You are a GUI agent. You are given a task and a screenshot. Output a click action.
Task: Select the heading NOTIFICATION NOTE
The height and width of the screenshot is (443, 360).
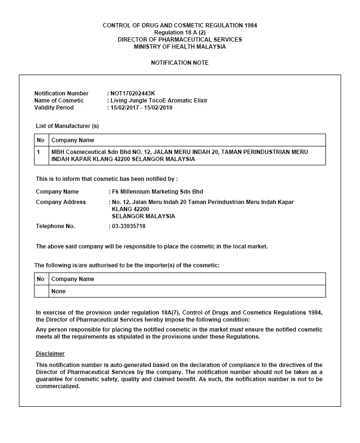pyautogui.click(x=180, y=63)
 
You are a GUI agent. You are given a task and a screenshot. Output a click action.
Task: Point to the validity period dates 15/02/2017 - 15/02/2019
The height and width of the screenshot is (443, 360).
pyautogui.click(x=141, y=108)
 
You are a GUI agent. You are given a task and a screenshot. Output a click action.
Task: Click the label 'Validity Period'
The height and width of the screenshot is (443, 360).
pyautogui.click(x=54, y=108)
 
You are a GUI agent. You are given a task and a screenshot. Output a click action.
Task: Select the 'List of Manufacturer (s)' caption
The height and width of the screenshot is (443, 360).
pyautogui.click(x=67, y=126)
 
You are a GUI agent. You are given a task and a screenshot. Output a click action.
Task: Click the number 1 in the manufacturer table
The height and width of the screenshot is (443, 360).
pyautogui.click(x=39, y=152)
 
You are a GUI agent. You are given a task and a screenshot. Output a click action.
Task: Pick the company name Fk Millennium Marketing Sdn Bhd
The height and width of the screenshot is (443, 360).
pyautogui.click(x=157, y=192)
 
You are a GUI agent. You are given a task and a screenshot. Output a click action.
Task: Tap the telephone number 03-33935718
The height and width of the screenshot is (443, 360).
pyautogui.click(x=129, y=226)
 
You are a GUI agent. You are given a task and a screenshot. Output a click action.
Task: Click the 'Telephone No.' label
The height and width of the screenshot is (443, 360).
pyautogui.click(x=55, y=226)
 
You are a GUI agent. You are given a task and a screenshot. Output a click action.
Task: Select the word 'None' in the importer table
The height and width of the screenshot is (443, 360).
pyautogui.click(x=59, y=291)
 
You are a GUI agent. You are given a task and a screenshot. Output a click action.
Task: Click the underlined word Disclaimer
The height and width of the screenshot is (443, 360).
pyautogui.click(x=50, y=354)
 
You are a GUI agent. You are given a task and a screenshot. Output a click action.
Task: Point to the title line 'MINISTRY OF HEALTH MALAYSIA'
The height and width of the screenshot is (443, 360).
pyautogui.click(x=180, y=47)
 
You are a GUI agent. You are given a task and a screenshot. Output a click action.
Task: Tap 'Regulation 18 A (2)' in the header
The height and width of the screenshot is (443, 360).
pyautogui.click(x=180, y=33)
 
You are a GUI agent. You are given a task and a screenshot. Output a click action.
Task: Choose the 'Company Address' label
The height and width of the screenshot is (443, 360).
pyautogui.click(x=61, y=202)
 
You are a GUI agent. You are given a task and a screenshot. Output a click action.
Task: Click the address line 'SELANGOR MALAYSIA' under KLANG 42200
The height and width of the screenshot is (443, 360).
pyautogui.click(x=143, y=216)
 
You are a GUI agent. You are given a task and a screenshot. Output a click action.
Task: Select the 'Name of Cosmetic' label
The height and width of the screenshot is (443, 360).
pyautogui.click(x=59, y=101)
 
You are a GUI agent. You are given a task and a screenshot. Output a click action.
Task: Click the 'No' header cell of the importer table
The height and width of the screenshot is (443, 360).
pyautogui.click(x=41, y=279)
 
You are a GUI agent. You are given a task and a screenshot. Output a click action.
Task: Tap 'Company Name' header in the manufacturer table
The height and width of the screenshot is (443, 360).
pyautogui.click(x=73, y=140)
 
